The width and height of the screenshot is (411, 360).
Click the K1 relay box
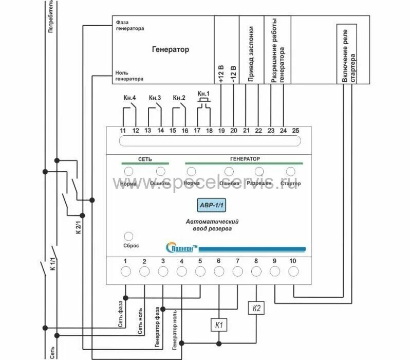point(218,325)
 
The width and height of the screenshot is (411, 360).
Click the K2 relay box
point(256,309)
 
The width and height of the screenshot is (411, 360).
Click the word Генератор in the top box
point(171,50)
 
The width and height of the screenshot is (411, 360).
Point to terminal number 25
point(295,131)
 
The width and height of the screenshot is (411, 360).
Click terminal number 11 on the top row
point(123,131)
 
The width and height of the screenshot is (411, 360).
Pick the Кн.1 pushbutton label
point(204,93)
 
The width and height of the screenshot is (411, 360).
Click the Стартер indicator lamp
point(291,171)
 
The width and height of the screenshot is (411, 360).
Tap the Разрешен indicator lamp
point(259,171)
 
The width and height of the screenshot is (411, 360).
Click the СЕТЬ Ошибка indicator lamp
point(160,171)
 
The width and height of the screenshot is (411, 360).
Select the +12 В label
point(221,74)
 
